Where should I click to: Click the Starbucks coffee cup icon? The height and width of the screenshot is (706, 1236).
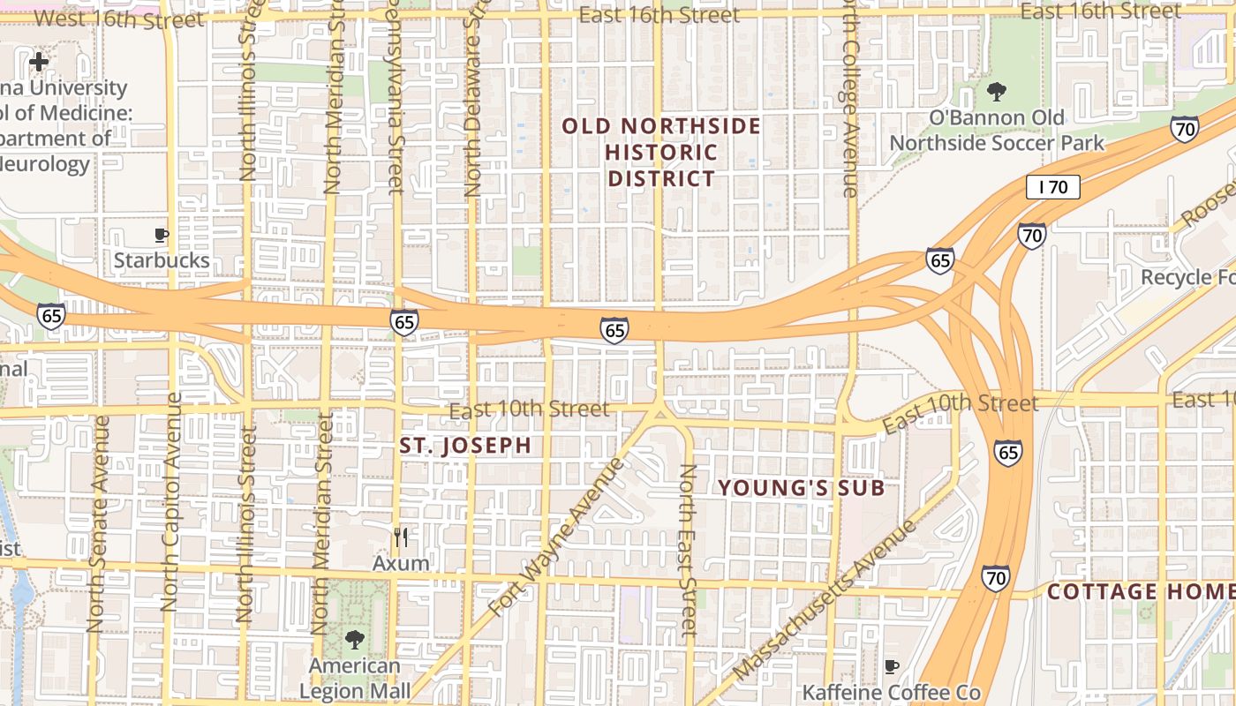(x=161, y=235)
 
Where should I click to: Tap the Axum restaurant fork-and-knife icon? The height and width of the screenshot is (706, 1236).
(x=401, y=537)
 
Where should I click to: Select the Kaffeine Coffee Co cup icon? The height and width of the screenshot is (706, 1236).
(x=892, y=666)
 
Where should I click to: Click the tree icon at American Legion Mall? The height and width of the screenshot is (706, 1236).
(x=354, y=640)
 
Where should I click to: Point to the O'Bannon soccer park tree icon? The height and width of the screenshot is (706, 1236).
(x=997, y=91)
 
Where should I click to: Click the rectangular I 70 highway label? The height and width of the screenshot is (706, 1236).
(x=1053, y=186)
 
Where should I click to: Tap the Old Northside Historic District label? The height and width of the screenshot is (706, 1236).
(x=661, y=152)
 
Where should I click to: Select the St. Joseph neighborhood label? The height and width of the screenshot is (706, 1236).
(x=465, y=446)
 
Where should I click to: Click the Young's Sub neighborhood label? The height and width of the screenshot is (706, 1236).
(x=801, y=487)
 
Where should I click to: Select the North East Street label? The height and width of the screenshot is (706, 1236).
(x=689, y=549)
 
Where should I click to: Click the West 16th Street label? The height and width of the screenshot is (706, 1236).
(x=118, y=19)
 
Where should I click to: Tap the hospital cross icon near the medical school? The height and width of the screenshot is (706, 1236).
(x=39, y=62)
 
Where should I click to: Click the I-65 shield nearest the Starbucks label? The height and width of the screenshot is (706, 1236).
(x=50, y=316)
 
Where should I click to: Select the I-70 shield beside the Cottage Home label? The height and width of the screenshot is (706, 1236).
(x=996, y=579)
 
